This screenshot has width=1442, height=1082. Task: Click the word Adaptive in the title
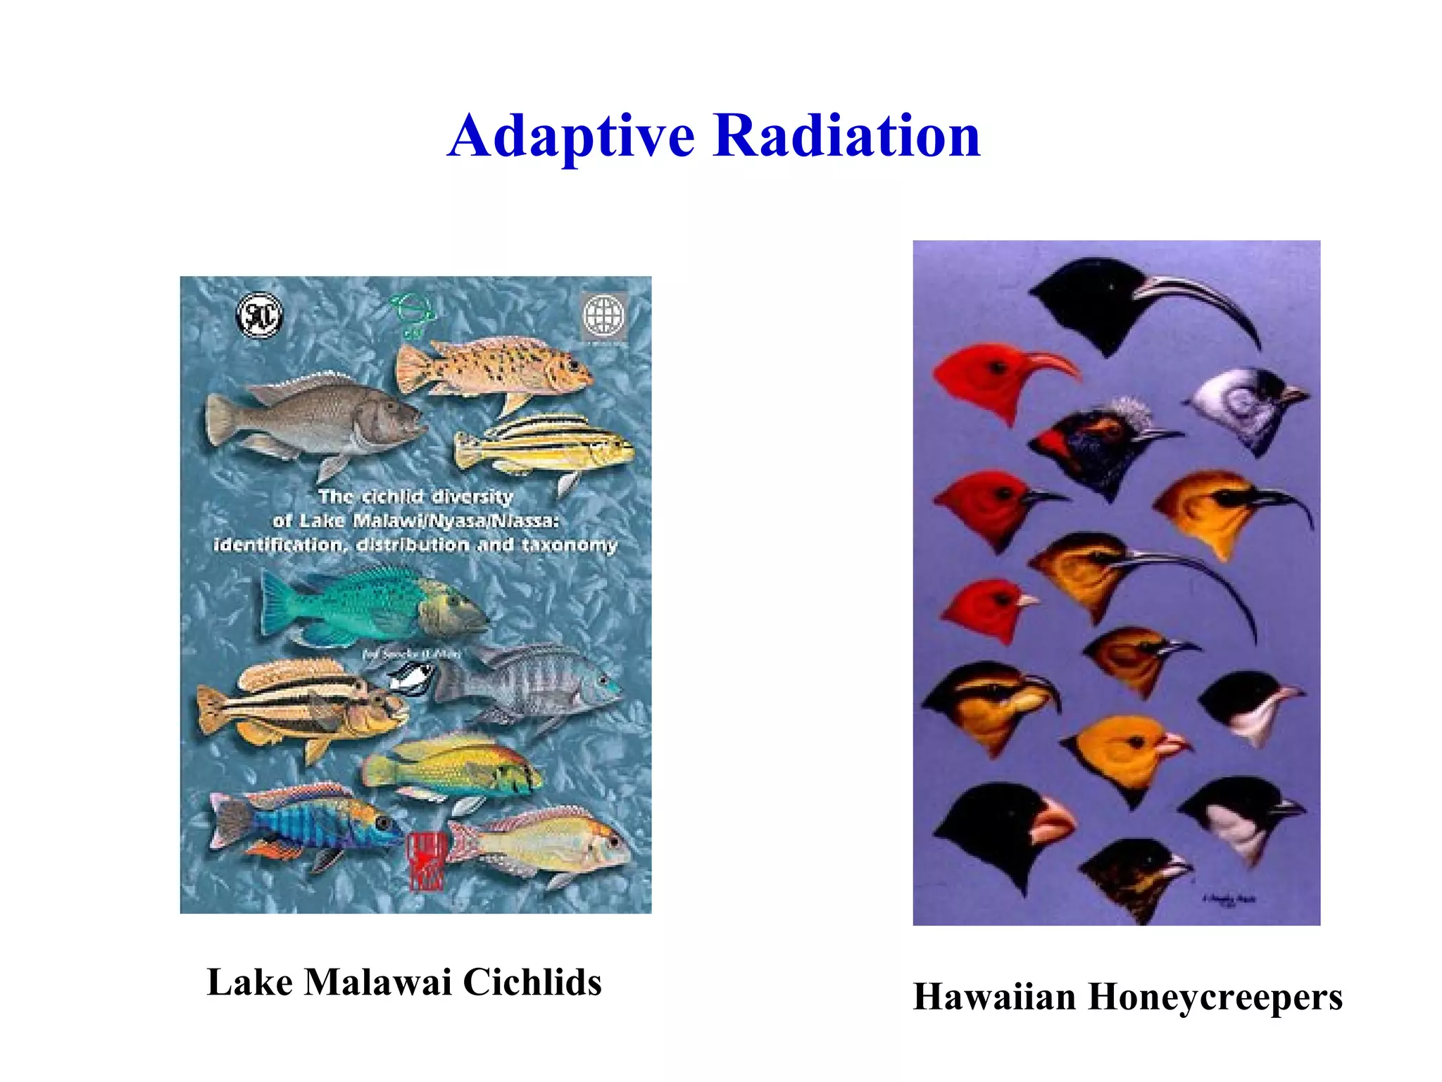(x=571, y=137)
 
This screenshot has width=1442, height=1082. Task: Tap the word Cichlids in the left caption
(x=532, y=982)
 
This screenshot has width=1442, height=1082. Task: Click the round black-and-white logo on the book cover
(x=259, y=316)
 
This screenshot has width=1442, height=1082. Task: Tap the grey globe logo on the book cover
(x=603, y=316)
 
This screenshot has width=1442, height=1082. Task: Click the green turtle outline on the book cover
(x=412, y=313)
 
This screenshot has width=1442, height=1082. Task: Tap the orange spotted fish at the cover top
(x=493, y=366)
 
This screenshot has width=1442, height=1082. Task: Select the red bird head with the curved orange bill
(x=986, y=377)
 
